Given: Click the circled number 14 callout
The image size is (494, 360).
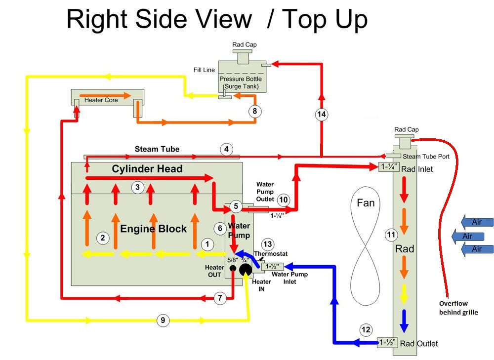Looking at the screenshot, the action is [322, 114].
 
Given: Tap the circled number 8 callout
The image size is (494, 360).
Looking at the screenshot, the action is [254, 111].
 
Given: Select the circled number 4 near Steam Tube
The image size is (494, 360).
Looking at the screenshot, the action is [226, 149].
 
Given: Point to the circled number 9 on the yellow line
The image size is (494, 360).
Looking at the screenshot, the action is [163, 320].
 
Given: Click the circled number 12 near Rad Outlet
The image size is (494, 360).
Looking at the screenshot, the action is [366, 330].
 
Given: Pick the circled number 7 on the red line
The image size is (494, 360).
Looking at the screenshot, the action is [220, 298].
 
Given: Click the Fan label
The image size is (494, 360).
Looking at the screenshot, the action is [366, 203].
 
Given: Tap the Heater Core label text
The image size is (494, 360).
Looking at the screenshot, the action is [101, 100].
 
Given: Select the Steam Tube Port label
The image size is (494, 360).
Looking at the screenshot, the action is [426, 157].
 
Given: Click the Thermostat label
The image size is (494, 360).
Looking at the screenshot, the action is [271, 253].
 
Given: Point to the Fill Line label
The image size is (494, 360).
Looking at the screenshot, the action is [204, 70].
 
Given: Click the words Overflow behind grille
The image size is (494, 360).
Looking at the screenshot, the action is [458, 308].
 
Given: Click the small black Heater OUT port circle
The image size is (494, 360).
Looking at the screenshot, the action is [233, 268].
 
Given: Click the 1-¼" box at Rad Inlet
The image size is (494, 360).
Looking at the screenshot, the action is [389, 166].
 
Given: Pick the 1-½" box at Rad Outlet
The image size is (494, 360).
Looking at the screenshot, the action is [387, 342].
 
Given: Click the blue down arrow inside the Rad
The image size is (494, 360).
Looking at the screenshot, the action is [404, 321].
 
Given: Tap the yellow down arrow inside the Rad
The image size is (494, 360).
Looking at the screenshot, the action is [404, 294].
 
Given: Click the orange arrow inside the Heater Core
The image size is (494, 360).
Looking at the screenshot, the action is [105, 95].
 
